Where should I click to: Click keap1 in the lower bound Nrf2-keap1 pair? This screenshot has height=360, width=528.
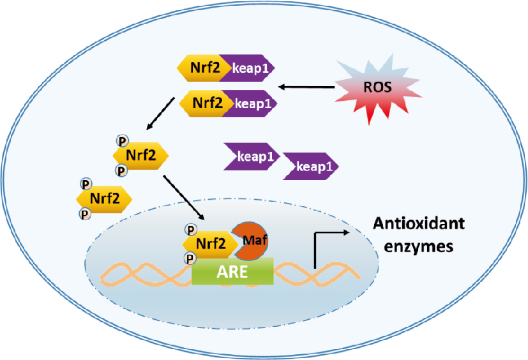[250, 102]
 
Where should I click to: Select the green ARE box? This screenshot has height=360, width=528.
[233, 272]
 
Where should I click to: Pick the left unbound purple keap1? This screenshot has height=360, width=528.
[251, 156]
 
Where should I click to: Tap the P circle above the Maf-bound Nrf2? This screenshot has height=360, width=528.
[189, 228]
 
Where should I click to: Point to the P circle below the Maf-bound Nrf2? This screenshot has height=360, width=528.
[189, 258]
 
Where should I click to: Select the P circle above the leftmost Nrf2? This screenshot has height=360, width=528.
[84, 184]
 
